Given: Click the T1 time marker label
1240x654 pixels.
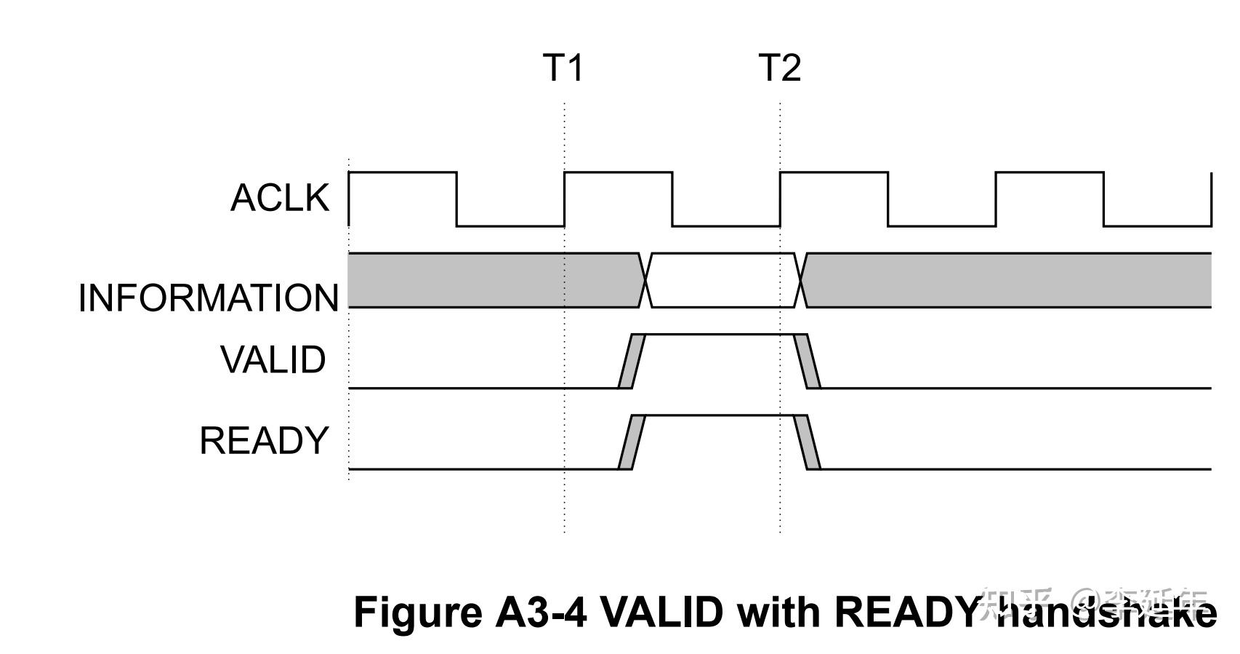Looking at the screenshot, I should point(563,68).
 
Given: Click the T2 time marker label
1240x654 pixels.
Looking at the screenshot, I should point(779,68).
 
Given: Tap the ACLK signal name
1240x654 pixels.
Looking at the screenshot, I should point(280,198).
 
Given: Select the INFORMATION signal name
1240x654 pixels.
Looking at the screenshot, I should point(209,298).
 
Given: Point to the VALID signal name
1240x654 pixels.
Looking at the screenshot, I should point(273,360).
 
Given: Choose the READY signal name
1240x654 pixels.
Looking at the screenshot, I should point(265,441).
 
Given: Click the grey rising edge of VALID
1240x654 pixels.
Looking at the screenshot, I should point(632,361).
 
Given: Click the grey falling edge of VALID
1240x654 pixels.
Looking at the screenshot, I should point(807,361).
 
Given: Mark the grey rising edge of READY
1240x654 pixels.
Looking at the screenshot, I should point(632,442).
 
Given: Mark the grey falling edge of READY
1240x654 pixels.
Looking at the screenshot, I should point(807,442).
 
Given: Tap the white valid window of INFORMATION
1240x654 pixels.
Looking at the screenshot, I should point(723,280).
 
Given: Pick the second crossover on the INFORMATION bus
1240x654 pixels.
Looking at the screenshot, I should point(801,280).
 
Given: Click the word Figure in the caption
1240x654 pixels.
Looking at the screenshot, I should point(418,612).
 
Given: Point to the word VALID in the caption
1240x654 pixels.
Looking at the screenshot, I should point(662,612).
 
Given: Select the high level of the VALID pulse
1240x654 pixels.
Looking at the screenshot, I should point(720,335).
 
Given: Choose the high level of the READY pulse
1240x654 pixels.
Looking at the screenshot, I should point(720,415).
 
